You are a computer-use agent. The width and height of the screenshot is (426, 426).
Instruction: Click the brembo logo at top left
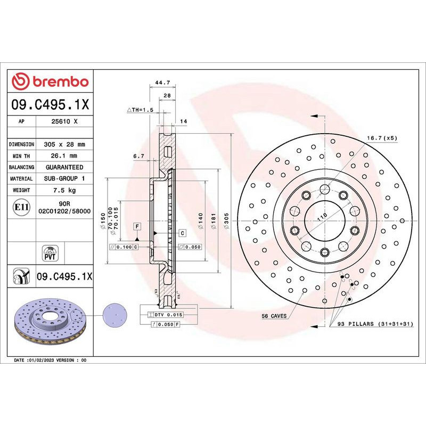pos(50,81)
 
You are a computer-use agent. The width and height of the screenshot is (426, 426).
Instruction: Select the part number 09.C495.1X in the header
pos(50,104)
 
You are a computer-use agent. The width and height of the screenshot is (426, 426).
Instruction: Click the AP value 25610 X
pos(64,121)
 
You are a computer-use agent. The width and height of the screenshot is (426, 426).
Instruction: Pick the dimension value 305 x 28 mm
pos(64,144)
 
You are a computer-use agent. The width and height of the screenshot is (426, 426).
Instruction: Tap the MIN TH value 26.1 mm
pos(64,155)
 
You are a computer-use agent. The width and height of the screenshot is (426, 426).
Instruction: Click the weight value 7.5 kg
pos(64,190)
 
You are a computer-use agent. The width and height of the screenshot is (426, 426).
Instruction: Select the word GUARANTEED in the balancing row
pos(64,167)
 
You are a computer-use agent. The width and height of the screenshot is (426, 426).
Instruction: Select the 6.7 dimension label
pos(139,155)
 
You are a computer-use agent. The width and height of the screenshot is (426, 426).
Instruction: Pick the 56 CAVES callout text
pos(274,316)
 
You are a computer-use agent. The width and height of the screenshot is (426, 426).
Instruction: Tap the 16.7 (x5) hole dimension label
pos(381,138)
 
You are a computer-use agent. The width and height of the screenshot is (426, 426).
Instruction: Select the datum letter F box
pos(137,227)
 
